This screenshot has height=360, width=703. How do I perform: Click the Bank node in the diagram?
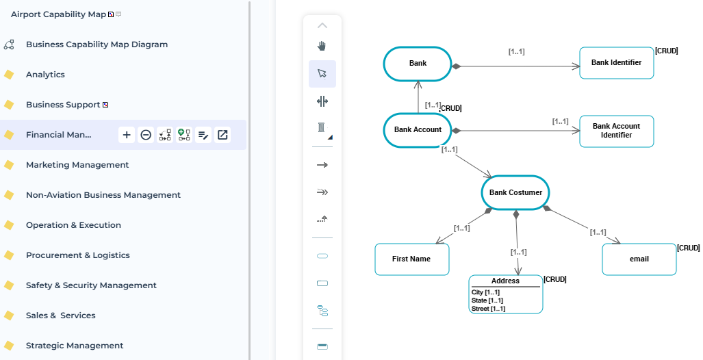[418, 64]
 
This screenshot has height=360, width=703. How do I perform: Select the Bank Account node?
[418, 129]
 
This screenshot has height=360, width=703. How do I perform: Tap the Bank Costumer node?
[515, 193]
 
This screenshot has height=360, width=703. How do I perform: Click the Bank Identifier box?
[616, 63]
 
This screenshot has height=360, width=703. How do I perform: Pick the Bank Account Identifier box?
[616, 131]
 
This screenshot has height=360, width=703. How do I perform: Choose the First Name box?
[411, 259]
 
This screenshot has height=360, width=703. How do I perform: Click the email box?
[639, 259]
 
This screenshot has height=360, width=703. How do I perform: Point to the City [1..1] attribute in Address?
[485, 292]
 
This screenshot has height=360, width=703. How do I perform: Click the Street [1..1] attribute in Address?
[488, 309]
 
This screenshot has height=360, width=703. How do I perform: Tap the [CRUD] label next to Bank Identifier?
[666, 51]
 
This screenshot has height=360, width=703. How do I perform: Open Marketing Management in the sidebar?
[77, 165]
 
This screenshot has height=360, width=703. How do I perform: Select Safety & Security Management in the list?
[91, 285]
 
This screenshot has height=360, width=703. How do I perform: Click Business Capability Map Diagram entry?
[97, 44]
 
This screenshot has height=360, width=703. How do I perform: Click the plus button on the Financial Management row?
[127, 135]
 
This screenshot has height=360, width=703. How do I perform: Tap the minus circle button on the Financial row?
[146, 135]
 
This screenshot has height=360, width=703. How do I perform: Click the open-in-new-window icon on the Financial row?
[222, 135]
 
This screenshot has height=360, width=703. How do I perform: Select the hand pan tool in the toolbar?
[322, 46]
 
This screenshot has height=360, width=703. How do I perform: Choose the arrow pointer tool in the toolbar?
[322, 73]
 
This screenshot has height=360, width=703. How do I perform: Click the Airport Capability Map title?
[58, 14]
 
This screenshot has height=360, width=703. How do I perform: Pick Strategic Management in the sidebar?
[75, 346]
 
